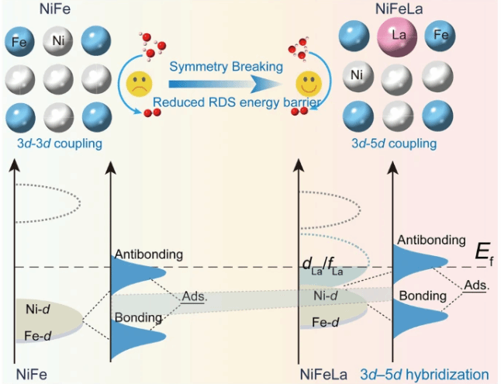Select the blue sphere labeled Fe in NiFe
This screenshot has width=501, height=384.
[x=19, y=40]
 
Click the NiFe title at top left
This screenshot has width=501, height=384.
[x=33, y=9]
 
